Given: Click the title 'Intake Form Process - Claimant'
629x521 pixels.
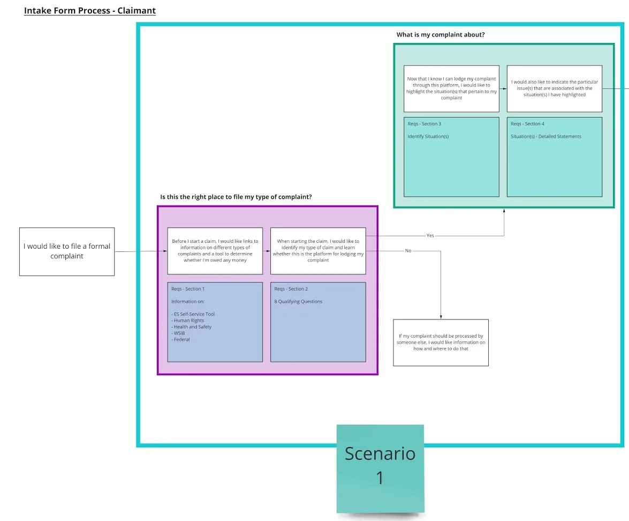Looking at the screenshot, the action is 90,10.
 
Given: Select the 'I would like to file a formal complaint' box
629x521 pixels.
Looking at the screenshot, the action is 67,251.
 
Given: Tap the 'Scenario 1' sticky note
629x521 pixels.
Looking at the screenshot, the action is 380,468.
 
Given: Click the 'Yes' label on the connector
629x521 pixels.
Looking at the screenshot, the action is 430,235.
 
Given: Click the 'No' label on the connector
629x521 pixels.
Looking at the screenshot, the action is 408,251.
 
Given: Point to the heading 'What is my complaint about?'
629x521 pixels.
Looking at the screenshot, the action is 441,34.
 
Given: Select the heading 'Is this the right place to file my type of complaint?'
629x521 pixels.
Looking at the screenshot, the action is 236,197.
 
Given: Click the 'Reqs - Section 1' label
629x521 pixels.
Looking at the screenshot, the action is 188,289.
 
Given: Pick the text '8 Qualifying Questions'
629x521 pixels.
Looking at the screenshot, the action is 298,301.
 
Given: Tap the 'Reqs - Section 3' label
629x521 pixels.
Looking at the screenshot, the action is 424,124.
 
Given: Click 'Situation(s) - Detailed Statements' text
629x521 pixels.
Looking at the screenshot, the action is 545,137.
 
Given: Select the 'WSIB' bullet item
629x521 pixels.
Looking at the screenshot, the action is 178,333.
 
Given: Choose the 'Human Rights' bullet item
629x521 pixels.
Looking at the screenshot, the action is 187,321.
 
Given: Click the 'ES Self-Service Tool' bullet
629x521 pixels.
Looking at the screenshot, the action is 193,314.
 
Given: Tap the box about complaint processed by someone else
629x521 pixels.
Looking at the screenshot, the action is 441,343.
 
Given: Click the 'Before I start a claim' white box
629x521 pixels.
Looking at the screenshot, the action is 215,251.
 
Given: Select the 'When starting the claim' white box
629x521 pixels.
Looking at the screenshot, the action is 318,251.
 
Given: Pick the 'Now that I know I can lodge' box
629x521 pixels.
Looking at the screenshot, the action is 451,89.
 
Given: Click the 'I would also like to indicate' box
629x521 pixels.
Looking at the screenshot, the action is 555,89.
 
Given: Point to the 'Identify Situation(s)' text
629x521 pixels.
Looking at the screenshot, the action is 428,137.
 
